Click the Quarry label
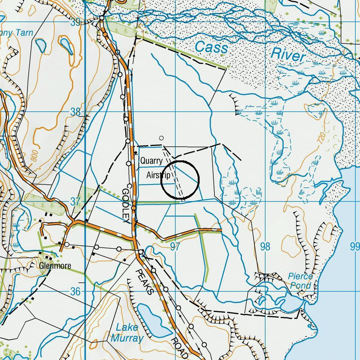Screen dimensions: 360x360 pyautogui.click(x=151, y=161)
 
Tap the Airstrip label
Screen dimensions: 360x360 pyautogui.click(x=158, y=176)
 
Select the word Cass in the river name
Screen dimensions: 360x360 pyautogui.click(x=211, y=48)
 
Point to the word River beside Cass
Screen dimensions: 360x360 pyautogui.click(x=288, y=55)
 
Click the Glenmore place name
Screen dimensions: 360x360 pyautogui.click(x=55, y=266)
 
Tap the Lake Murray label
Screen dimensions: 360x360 pyautogui.click(x=127, y=332)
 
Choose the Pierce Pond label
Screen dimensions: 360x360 pyautogui.click(x=300, y=281)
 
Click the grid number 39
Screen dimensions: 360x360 pyautogui.click(x=75, y=22)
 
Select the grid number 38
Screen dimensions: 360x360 pyautogui.click(x=75, y=112)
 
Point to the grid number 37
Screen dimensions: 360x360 pyautogui.click(x=75, y=202)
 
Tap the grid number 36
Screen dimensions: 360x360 pyautogui.click(x=75, y=291)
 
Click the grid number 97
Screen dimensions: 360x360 pyautogui.click(x=175, y=247)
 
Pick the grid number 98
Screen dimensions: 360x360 pyautogui.click(x=265, y=247)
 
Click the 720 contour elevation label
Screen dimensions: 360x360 pyautogui.click(x=321, y=138)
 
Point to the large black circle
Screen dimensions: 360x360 pyautogui.click(x=180, y=180)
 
